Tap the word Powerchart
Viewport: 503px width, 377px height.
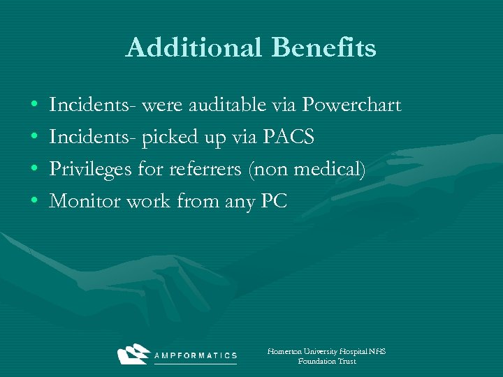351,105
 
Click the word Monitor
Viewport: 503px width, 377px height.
81,202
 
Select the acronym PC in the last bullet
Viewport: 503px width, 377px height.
273,202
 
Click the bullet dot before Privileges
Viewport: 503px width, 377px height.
35,170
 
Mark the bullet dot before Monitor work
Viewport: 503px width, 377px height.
35,202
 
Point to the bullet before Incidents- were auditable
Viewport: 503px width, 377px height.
35,106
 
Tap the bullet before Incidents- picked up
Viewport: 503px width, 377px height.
35,138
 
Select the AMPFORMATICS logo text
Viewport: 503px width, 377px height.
196,355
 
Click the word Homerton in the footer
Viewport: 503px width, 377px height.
286,352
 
